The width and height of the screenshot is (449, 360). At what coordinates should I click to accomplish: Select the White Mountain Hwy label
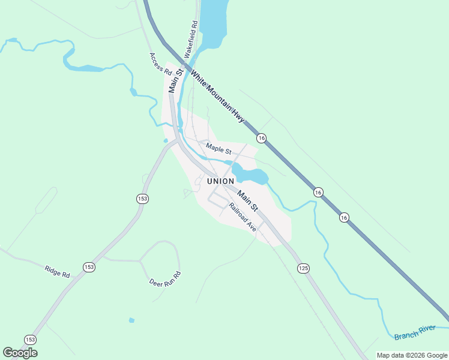[217, 96]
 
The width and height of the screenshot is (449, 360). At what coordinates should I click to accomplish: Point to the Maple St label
[218, 147]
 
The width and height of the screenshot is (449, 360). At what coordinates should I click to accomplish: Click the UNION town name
[220, 181]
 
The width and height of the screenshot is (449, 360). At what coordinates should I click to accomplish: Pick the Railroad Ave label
[242, 217]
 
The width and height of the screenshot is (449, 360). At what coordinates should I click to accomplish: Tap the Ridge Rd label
[57, 271]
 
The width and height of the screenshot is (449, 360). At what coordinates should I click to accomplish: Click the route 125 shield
[303, 268]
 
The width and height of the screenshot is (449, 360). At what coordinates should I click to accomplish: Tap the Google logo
[20, 353]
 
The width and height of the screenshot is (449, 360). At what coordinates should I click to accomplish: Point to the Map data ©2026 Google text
[412, 355]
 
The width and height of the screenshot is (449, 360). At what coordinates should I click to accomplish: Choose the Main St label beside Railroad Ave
[247, 200]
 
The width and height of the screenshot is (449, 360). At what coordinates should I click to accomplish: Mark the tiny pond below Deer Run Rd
[131, 320]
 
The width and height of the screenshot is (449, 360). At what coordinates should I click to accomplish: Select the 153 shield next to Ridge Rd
[89, 267]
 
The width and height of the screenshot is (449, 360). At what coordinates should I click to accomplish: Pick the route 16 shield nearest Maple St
[261, 138]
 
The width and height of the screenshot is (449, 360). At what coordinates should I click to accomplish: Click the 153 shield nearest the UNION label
[142, 199]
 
